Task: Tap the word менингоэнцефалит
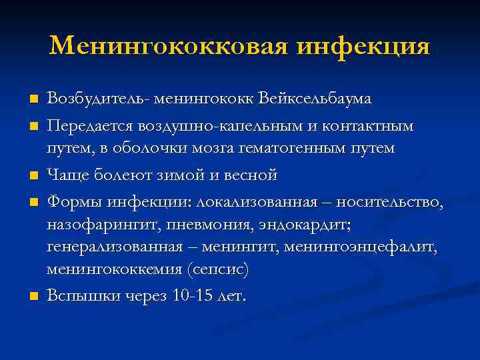coord(359,247)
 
